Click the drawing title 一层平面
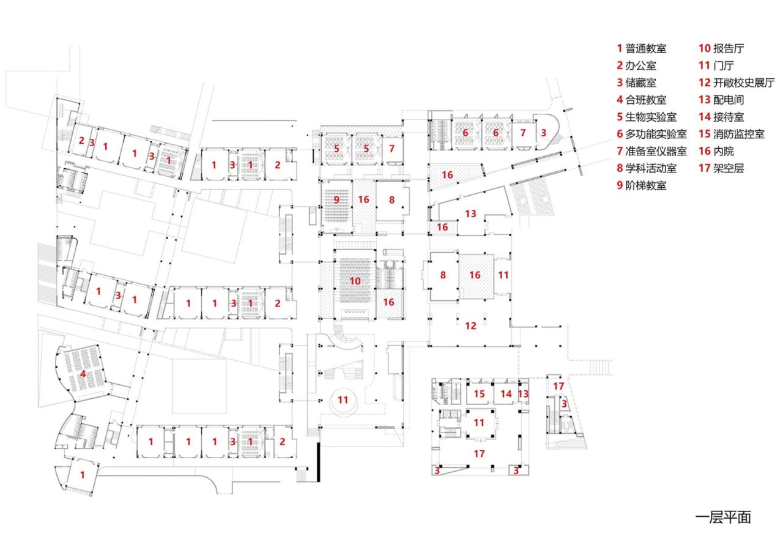[723, 517]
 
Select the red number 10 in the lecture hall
[355, 281]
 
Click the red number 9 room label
[336, 199]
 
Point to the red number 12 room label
[470, 326]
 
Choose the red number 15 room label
[481, 394]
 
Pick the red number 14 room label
[506, 394]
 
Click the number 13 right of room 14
[523, 394]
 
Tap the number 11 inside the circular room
[343, 399]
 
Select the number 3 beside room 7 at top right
[543, 132]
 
